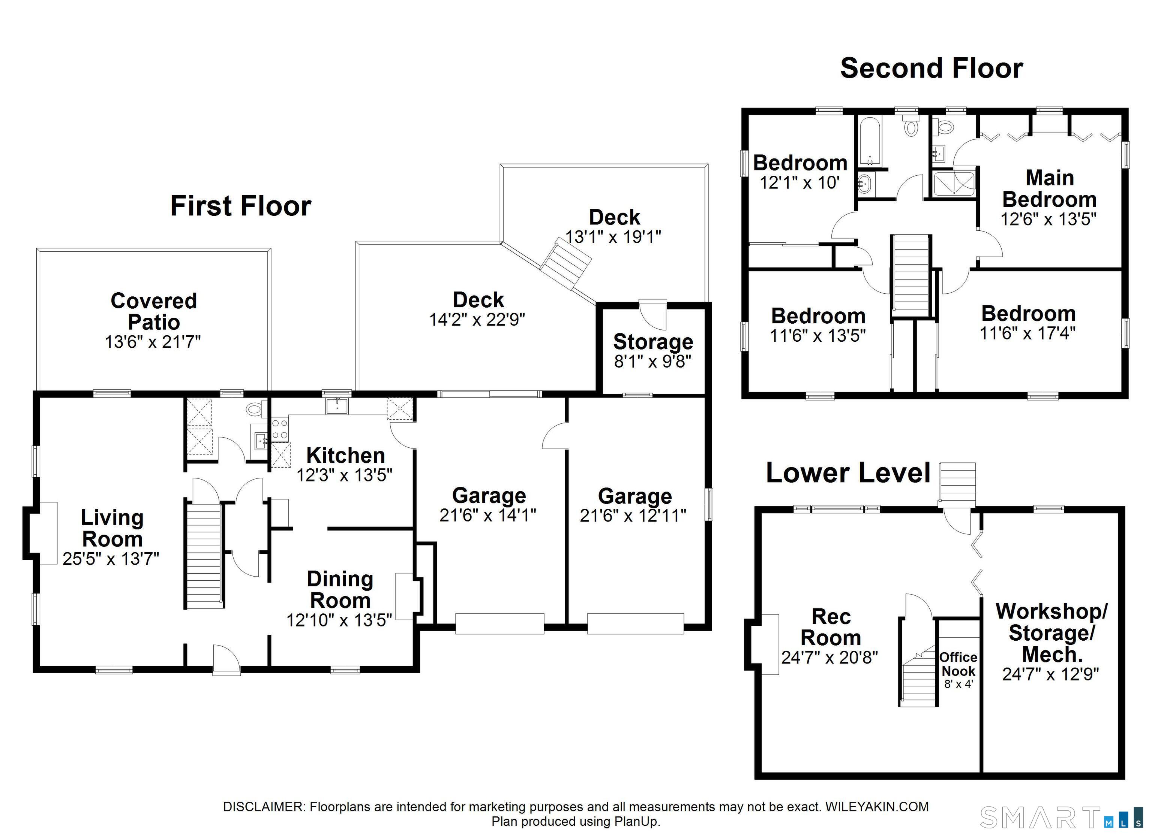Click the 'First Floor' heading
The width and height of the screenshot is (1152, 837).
tap(241, 206)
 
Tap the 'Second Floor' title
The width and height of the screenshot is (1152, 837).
tap(931, 69)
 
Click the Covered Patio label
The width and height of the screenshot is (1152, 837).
tap(153, 311)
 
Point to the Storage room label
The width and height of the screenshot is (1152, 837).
tap(653, 342)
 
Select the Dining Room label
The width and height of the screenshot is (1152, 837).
tap(340, 589)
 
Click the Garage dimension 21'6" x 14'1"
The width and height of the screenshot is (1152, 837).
tap(488, 515)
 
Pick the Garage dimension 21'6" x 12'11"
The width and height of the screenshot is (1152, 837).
tap(633, 516)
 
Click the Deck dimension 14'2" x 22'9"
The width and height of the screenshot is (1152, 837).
tap(477, 320)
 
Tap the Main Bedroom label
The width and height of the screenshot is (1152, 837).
tap(1049, 188)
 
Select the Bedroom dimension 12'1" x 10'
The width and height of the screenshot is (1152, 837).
tap(800, 182)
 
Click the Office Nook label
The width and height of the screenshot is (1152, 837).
tap(958, 664)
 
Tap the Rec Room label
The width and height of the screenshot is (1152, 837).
tap(831, 627)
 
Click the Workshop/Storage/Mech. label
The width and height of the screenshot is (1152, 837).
tap(1051, 633)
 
